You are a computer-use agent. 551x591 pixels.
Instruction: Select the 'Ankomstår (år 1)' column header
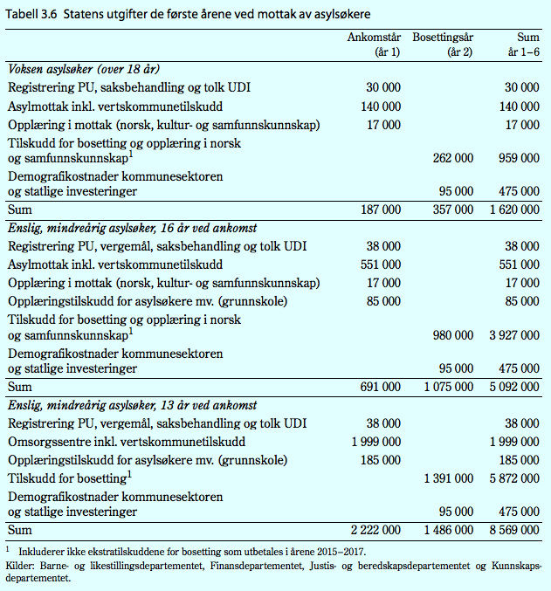374,45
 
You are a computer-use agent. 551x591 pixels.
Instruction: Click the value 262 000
452,158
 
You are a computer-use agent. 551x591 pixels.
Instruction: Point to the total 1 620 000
513,210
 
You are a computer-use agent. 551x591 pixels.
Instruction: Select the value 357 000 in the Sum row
452,210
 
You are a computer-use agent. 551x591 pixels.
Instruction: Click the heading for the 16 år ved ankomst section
132,229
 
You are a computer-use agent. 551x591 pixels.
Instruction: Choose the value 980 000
452,335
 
